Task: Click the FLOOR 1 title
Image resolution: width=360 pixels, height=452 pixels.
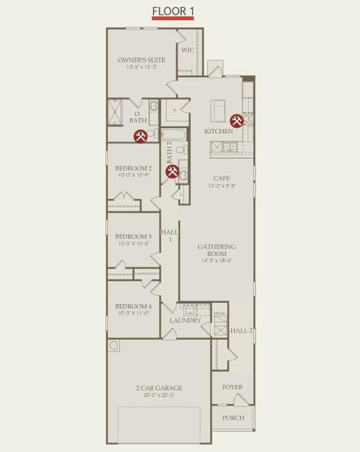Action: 172,11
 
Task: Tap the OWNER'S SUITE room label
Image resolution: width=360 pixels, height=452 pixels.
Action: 141,60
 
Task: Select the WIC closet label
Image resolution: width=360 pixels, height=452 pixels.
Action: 187,50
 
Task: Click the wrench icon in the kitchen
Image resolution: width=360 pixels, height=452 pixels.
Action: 237,120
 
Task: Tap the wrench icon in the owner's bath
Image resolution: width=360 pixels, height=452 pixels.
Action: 140,136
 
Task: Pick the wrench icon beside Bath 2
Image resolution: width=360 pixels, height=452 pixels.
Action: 172,171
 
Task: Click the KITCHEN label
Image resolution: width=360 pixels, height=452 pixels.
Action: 219,131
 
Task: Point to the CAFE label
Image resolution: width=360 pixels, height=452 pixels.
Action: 222,178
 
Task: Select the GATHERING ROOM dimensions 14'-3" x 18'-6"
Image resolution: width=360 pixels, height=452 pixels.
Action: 217,260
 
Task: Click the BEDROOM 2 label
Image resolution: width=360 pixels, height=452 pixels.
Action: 133,168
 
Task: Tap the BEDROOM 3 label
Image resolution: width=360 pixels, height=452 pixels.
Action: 133,236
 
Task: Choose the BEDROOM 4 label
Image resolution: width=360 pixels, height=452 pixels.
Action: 133,307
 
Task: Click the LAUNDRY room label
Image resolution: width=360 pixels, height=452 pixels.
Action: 185,321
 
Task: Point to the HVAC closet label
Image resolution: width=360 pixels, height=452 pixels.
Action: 219,314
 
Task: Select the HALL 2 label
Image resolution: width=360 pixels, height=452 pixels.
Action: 241,331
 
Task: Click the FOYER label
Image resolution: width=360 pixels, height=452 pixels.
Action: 232,388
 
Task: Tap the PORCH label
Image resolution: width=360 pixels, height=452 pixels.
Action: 232,418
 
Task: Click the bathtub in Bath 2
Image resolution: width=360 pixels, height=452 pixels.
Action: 173,134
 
